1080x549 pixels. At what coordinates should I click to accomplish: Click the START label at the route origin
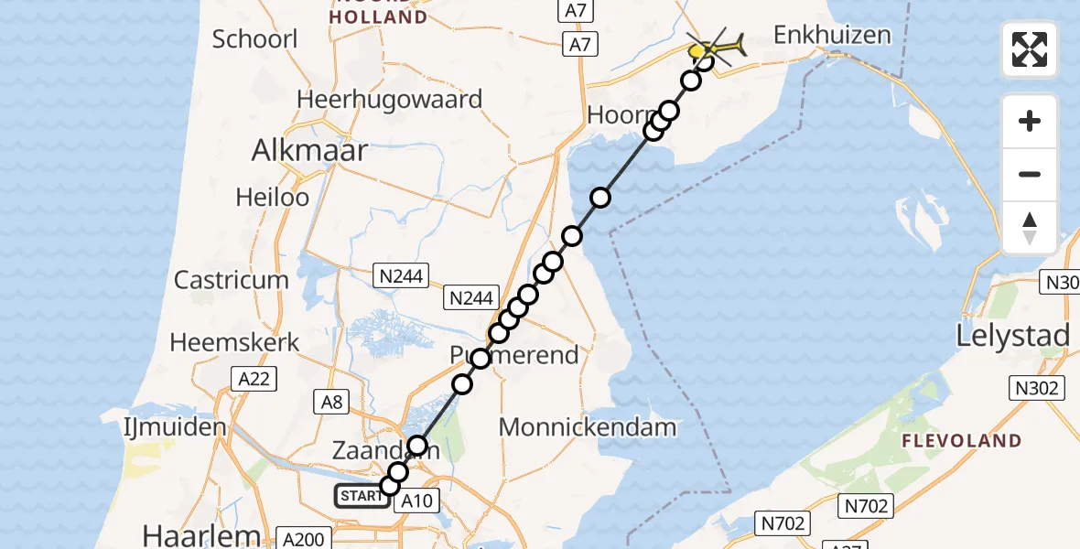(x=359, y=497)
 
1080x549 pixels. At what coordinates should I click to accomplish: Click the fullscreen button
(x=1030, y=49)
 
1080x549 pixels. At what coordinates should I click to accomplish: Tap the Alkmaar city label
(x=309, y=151)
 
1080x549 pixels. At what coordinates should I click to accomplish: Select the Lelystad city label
(x=1012, y=336)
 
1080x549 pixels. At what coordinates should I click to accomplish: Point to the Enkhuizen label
(x=831, y=36)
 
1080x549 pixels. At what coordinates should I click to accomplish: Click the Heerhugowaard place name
(x=389, y=99)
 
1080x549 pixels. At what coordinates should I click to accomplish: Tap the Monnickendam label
(x=589, y=426)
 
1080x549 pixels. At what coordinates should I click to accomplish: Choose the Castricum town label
(x=232, y=280)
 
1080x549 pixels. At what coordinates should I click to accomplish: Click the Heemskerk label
(x=235, y=343)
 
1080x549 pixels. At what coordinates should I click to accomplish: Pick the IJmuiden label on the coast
(x=175, y=427)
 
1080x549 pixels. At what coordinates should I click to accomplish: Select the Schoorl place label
(x=242, y=39)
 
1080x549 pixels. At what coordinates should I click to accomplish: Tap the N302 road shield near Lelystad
(x=1037, y=389)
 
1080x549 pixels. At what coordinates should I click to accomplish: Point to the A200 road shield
(x=304, y=539)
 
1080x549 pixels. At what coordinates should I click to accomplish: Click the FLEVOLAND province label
(x=961, y=441)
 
